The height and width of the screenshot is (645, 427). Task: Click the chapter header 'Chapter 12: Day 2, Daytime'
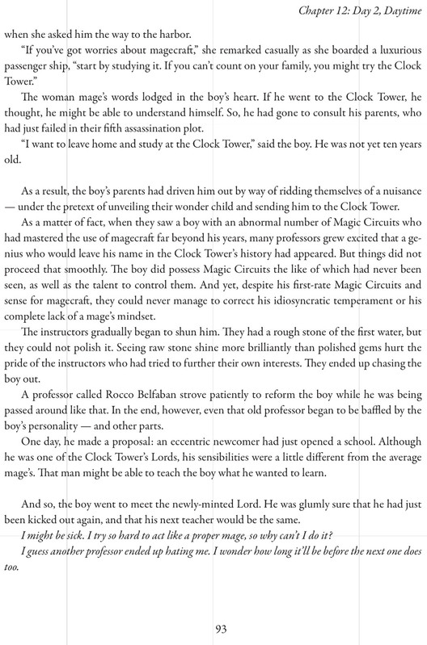pos(343,9)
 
